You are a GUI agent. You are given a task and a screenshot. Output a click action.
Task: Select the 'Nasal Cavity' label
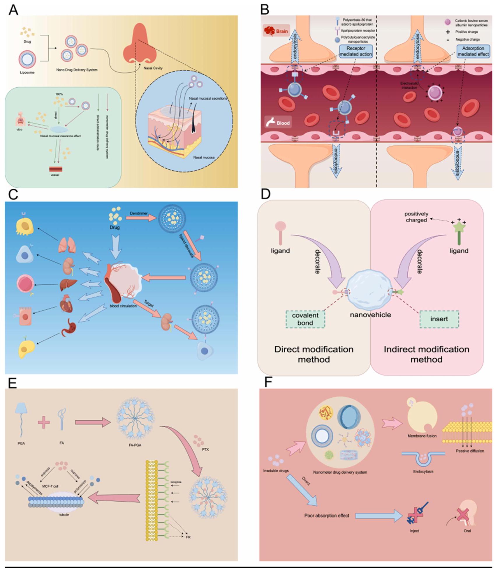pyautogui.click(x=153, y=68)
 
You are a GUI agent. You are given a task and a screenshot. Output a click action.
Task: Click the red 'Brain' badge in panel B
pyautogui.click(x=276, y=31)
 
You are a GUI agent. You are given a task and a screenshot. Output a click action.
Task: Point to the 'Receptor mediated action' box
pyautogui.click(x=356, y=51)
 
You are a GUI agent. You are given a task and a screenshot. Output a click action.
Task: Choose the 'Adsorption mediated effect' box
pyautogui.click(x=473, y=51)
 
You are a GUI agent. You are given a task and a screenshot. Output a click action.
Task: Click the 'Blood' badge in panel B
pyautogui.click(x=278, y=123)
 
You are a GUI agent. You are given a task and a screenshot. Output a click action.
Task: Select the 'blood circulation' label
pyautogui.click(x=123, y=306)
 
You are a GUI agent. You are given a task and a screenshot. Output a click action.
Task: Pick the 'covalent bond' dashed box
pyautogui.click(x=305, y=319)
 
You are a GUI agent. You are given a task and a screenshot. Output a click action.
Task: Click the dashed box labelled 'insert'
pyautogui.click(x=439, y=319)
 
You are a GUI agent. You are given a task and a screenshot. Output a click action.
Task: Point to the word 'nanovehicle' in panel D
pyautogui.click(x=370, y=315)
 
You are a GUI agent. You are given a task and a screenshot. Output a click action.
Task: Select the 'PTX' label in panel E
pyautogui.click(x=205, y=449)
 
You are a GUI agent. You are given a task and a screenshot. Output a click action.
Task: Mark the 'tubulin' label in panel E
pyautogui.click(x=64, y=515)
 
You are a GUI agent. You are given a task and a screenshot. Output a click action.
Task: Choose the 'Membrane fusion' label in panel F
pyautogui.click(x=422, y=436)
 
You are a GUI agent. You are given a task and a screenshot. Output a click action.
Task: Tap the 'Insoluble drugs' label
pyautogui.click(x=276, y=471)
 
